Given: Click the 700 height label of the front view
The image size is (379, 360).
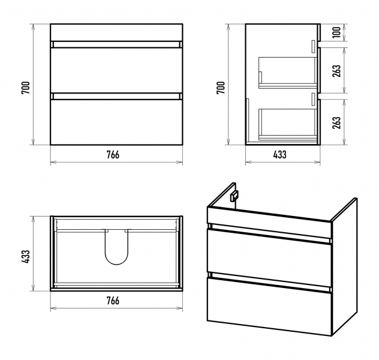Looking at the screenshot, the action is click(x=26, y=88).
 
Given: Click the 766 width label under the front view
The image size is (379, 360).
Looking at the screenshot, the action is click(x=113, y=155).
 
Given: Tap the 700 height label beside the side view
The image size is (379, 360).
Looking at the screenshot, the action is click(x=221, y=88).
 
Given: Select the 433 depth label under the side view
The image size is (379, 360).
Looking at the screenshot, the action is click(x=280, y=155).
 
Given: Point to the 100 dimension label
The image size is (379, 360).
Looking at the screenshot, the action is click(x=336, y=32).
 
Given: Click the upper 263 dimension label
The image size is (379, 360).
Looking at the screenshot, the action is click(x=336, y=71).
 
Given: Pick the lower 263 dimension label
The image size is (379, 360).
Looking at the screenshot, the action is click(x=336, y=122).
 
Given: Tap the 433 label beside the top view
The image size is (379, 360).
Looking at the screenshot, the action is click(x=26, y=257).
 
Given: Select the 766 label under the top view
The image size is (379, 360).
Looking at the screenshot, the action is click(x=113, y=301).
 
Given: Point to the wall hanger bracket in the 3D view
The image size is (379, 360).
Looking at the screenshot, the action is click(x=234, y=196).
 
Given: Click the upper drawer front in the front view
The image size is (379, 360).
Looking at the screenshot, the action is click(x=116, y=70).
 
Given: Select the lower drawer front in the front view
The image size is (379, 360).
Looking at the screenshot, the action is click(x=116, y=122).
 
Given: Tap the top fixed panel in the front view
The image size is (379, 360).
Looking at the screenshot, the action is click(x=116, y=32).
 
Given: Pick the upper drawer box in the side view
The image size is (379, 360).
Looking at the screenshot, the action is click(x=288, y=73).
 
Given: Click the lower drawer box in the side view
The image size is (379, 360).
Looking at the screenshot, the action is click(x=288, y=125).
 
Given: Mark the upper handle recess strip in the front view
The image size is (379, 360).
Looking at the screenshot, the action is click(x=116, y=44).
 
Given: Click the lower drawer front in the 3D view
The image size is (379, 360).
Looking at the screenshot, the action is click(x=269, y=307).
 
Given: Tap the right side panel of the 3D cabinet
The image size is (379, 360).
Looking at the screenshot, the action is click(x=345, y=266).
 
